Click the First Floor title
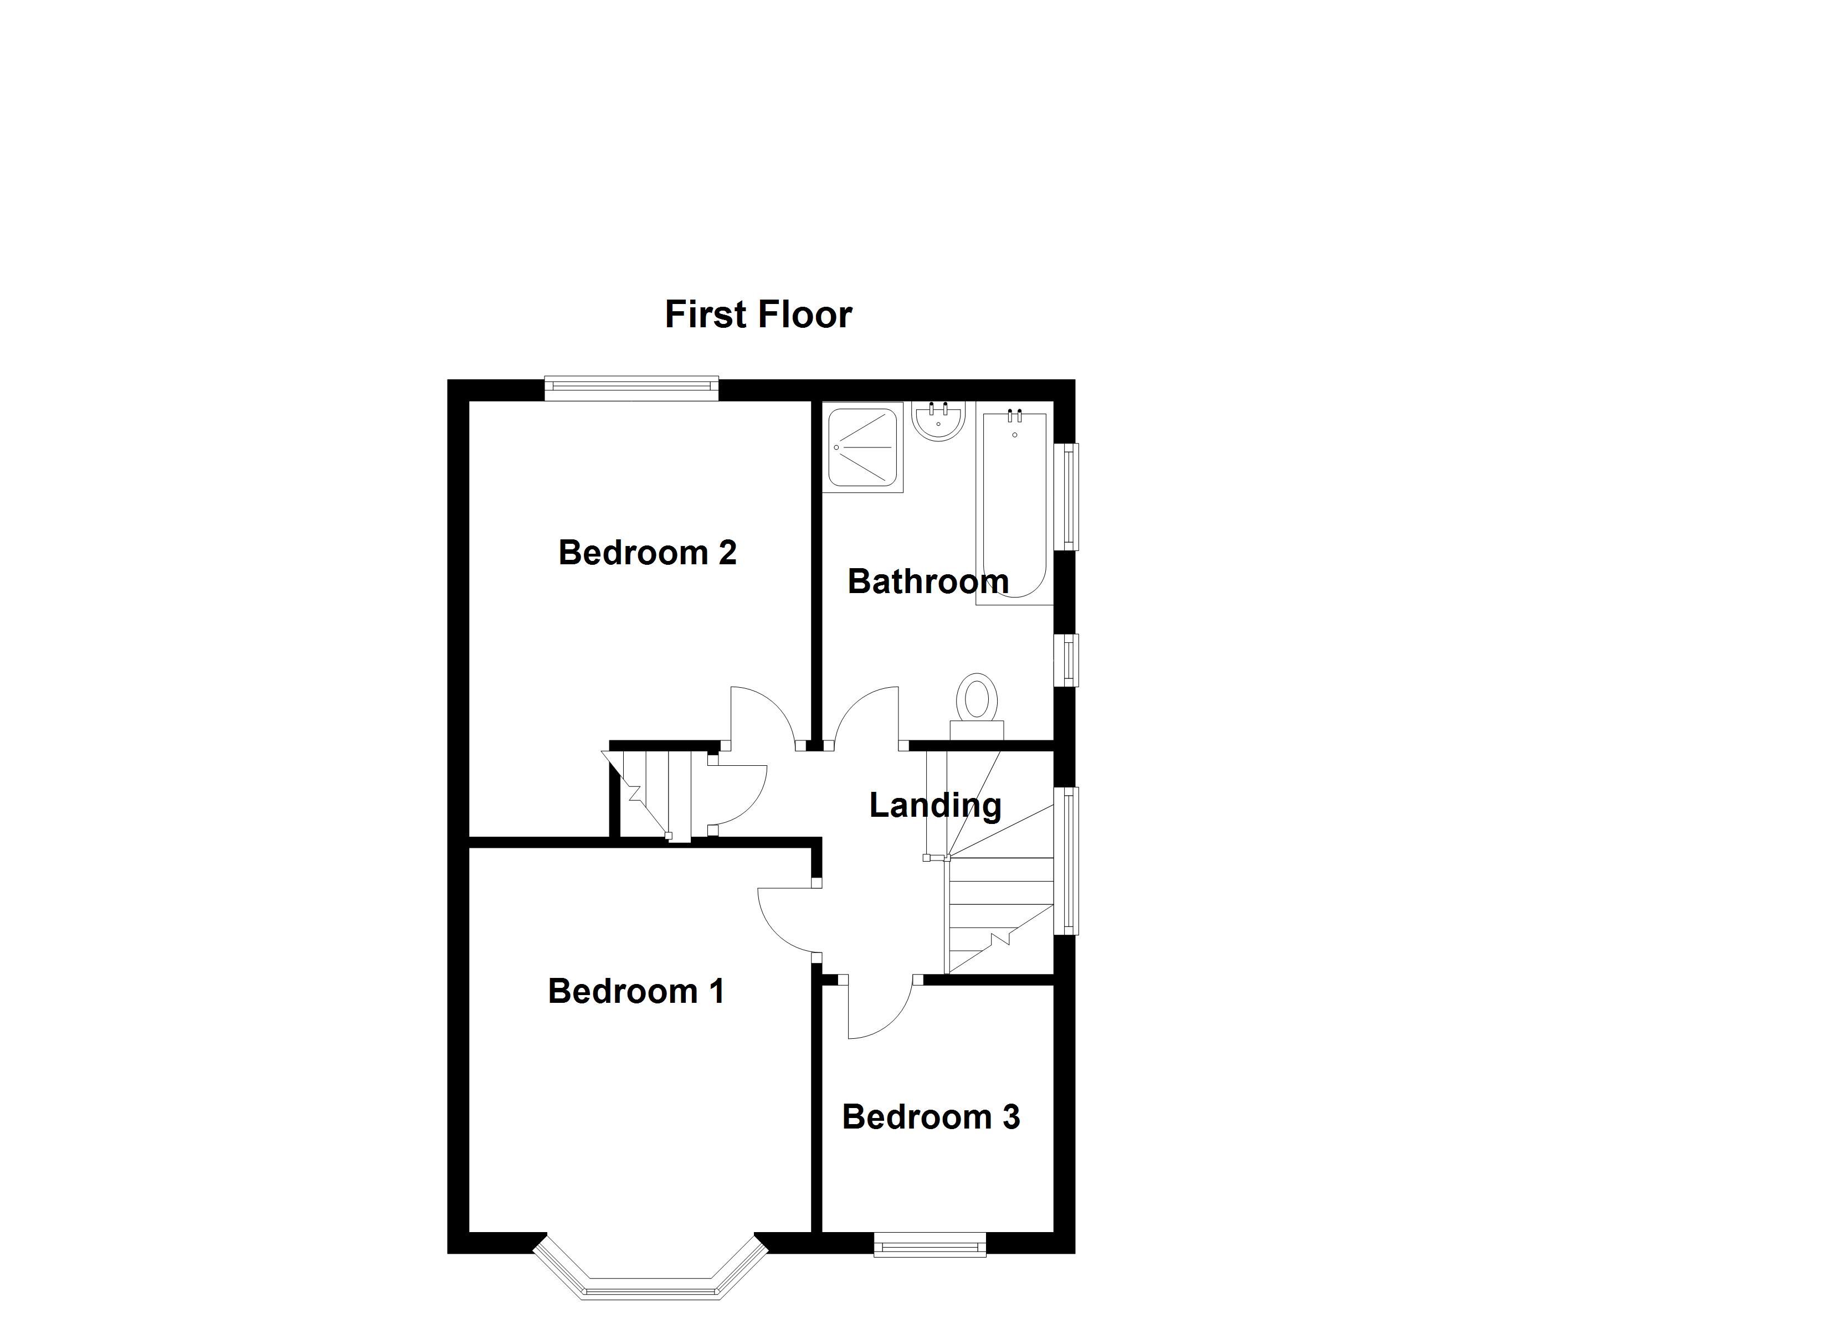(758, 315)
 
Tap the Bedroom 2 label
(647, 553)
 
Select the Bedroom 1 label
(636, 991)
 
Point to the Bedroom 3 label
(931, 1117)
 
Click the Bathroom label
(928, 581)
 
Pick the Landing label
(935, 805)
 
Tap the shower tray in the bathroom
(861, 447)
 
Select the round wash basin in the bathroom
(938, 421)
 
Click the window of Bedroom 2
(631, 389)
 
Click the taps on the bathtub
(1015, 416)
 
